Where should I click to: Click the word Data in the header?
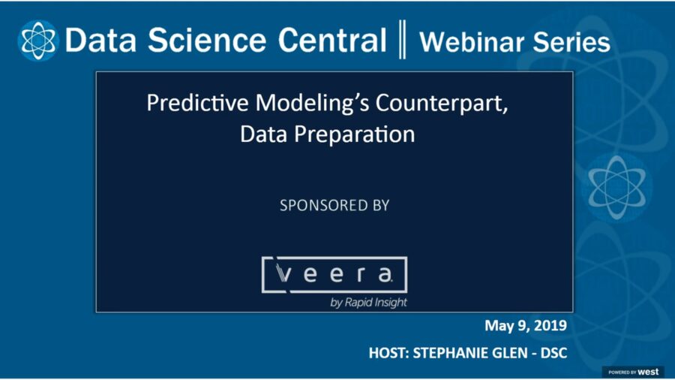click(x=100, y=41)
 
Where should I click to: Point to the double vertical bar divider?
click(x=403, y=41)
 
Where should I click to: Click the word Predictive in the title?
click(x=188, y=104)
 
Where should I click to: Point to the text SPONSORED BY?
click(x=334, y=205)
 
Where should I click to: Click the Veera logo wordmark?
click(x=334, y=275)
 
